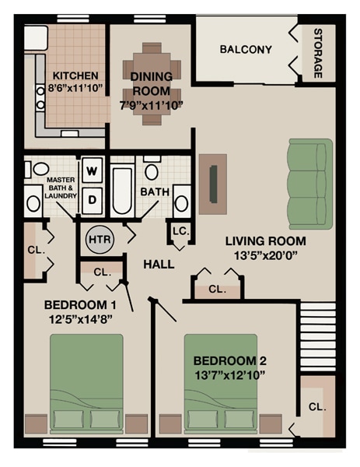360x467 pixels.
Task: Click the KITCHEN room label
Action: pos(75,75)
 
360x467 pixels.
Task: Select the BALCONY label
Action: pos(246,50)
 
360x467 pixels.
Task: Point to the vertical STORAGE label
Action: pos(317,54)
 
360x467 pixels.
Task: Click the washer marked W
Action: pos(93,170)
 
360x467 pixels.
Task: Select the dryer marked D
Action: pos(93,199)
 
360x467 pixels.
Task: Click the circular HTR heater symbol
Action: pos(100,240)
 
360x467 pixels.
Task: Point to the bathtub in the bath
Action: pos(122,191)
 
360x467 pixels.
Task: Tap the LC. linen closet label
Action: pos(179,231)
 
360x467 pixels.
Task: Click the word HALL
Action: pos(159,265)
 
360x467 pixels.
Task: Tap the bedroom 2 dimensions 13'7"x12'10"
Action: pos(229,374)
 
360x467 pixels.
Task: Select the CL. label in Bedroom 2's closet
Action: pos(316,407)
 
